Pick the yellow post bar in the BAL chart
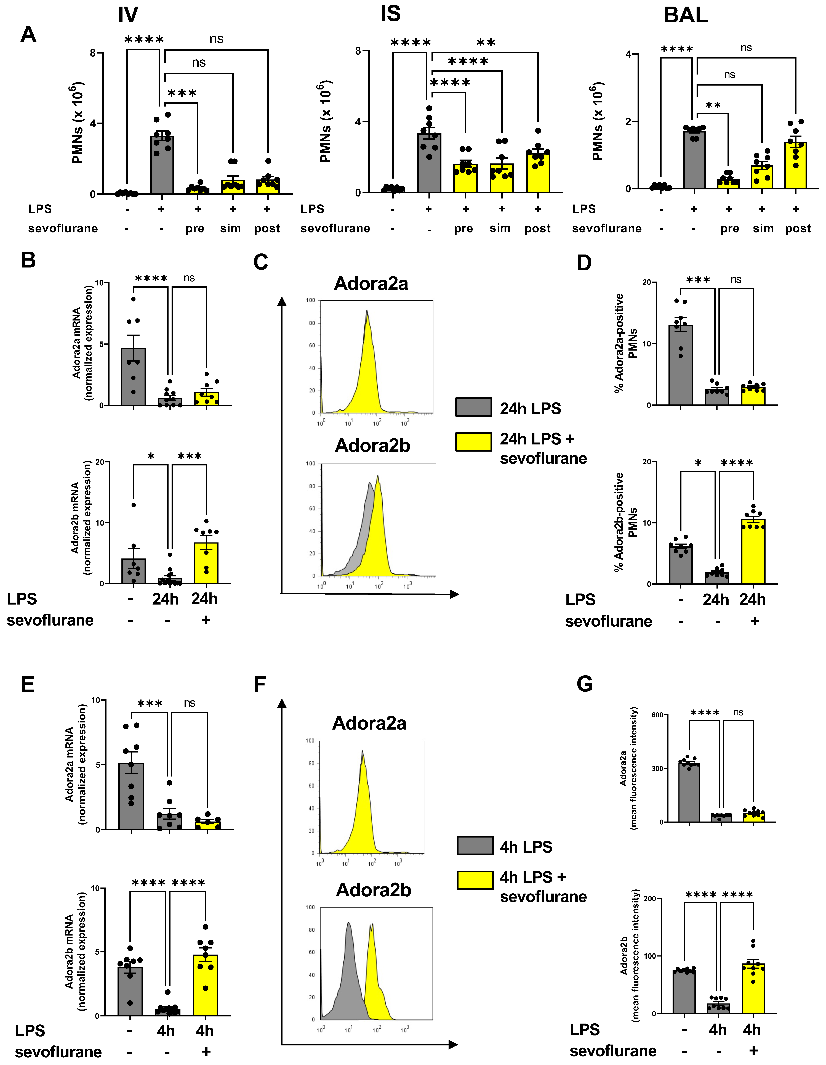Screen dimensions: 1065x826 pos(795,166)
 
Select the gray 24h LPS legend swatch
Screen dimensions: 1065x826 pos(473,407)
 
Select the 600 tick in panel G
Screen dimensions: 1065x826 pos(657,715)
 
